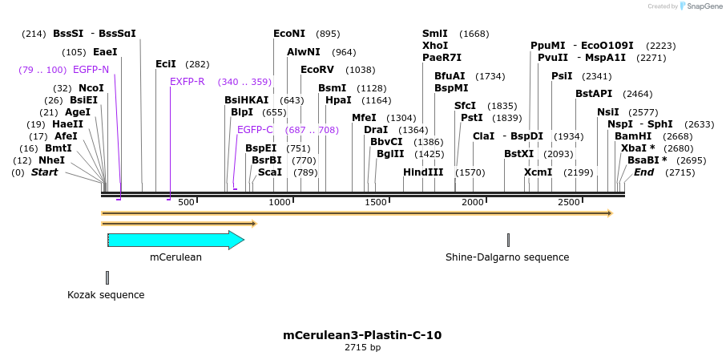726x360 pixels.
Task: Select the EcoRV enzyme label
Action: coord(317,70)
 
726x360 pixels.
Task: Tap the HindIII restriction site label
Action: coord(422,172)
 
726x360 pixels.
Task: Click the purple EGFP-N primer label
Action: coord(91,70)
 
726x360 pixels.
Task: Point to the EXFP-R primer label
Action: coord(188,82)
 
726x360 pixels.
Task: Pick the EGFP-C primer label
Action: coord(255,130)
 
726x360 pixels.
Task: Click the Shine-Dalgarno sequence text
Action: coord(507,257)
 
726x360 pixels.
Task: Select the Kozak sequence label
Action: coord(106,295)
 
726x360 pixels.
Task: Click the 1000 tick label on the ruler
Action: coord(280,202)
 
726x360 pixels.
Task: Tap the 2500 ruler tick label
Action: coord(568,202)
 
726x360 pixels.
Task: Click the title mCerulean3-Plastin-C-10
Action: coord(362,335)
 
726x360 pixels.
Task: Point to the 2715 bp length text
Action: coord(362,348)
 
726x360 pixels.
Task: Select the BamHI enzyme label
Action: coord(632,136)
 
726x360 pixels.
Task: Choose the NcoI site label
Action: coord(91,88)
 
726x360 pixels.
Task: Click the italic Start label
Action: coord(44,172)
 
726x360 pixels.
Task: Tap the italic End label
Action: coord(643,172)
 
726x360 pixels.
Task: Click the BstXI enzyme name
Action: coord(518,154)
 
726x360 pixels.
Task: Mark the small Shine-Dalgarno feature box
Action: coord(508,240)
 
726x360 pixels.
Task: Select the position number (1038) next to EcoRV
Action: coord(360,70)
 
